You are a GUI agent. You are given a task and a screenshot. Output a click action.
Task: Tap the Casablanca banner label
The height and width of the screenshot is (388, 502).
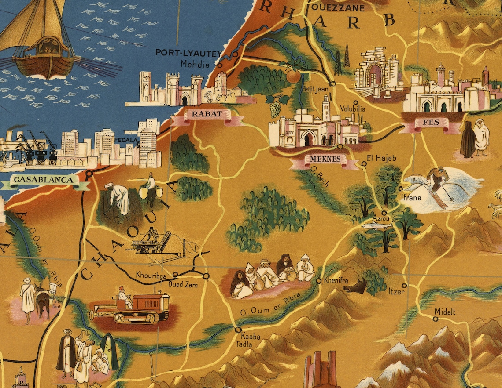tap(43, 180)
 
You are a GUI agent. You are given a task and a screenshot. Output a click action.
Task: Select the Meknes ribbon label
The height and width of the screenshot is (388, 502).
tap(324, 159)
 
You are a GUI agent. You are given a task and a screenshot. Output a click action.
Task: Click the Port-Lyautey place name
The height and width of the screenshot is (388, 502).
tap(188, 53)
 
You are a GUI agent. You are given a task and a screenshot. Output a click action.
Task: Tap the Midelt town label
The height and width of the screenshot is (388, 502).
tap(445, 312)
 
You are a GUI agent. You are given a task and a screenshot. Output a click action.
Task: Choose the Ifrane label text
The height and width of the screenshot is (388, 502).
tap(411, 198)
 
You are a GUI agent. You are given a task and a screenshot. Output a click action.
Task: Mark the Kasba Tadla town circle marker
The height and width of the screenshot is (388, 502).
tap(239, 330)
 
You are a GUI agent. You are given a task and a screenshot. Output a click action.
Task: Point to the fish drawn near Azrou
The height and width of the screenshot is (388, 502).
tap(376, 226)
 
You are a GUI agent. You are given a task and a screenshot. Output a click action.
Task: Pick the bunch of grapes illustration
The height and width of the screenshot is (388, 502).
tap(276, 106)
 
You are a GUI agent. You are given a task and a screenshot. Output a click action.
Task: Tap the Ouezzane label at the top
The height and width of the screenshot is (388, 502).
tap(338, 8)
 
